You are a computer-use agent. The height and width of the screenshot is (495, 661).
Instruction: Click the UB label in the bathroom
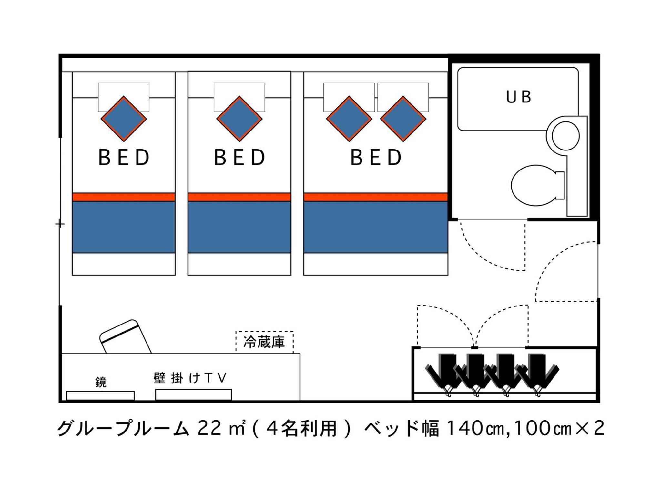point(518,97)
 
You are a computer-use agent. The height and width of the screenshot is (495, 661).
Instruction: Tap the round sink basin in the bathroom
point(565,136)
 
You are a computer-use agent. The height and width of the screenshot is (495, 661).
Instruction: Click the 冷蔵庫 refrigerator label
point(264,342)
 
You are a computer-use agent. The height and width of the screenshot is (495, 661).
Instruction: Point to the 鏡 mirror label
point(101,382)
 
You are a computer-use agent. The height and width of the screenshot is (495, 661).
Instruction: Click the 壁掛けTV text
point(190,378)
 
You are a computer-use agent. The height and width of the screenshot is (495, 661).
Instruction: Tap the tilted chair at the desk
point(125,337)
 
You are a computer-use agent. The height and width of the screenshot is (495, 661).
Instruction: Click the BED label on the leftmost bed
point(124,158)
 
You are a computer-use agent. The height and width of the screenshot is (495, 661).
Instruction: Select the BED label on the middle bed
point(239,158)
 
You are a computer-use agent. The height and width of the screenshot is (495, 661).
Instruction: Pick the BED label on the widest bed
point(376,158)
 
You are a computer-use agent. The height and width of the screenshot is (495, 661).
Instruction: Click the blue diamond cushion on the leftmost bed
point(124,119)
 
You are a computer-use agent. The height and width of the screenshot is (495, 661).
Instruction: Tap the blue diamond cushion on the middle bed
point(239,119)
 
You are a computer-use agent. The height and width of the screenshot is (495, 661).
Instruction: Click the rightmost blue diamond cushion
point(403,119)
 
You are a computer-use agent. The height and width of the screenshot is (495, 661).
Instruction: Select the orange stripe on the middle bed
point(239,197)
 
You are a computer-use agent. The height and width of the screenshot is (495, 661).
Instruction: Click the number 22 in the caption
point(209,428)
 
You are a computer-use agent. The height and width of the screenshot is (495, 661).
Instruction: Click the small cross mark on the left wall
point(60,223)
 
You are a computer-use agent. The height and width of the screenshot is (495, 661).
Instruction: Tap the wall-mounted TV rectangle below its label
point(193,394)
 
